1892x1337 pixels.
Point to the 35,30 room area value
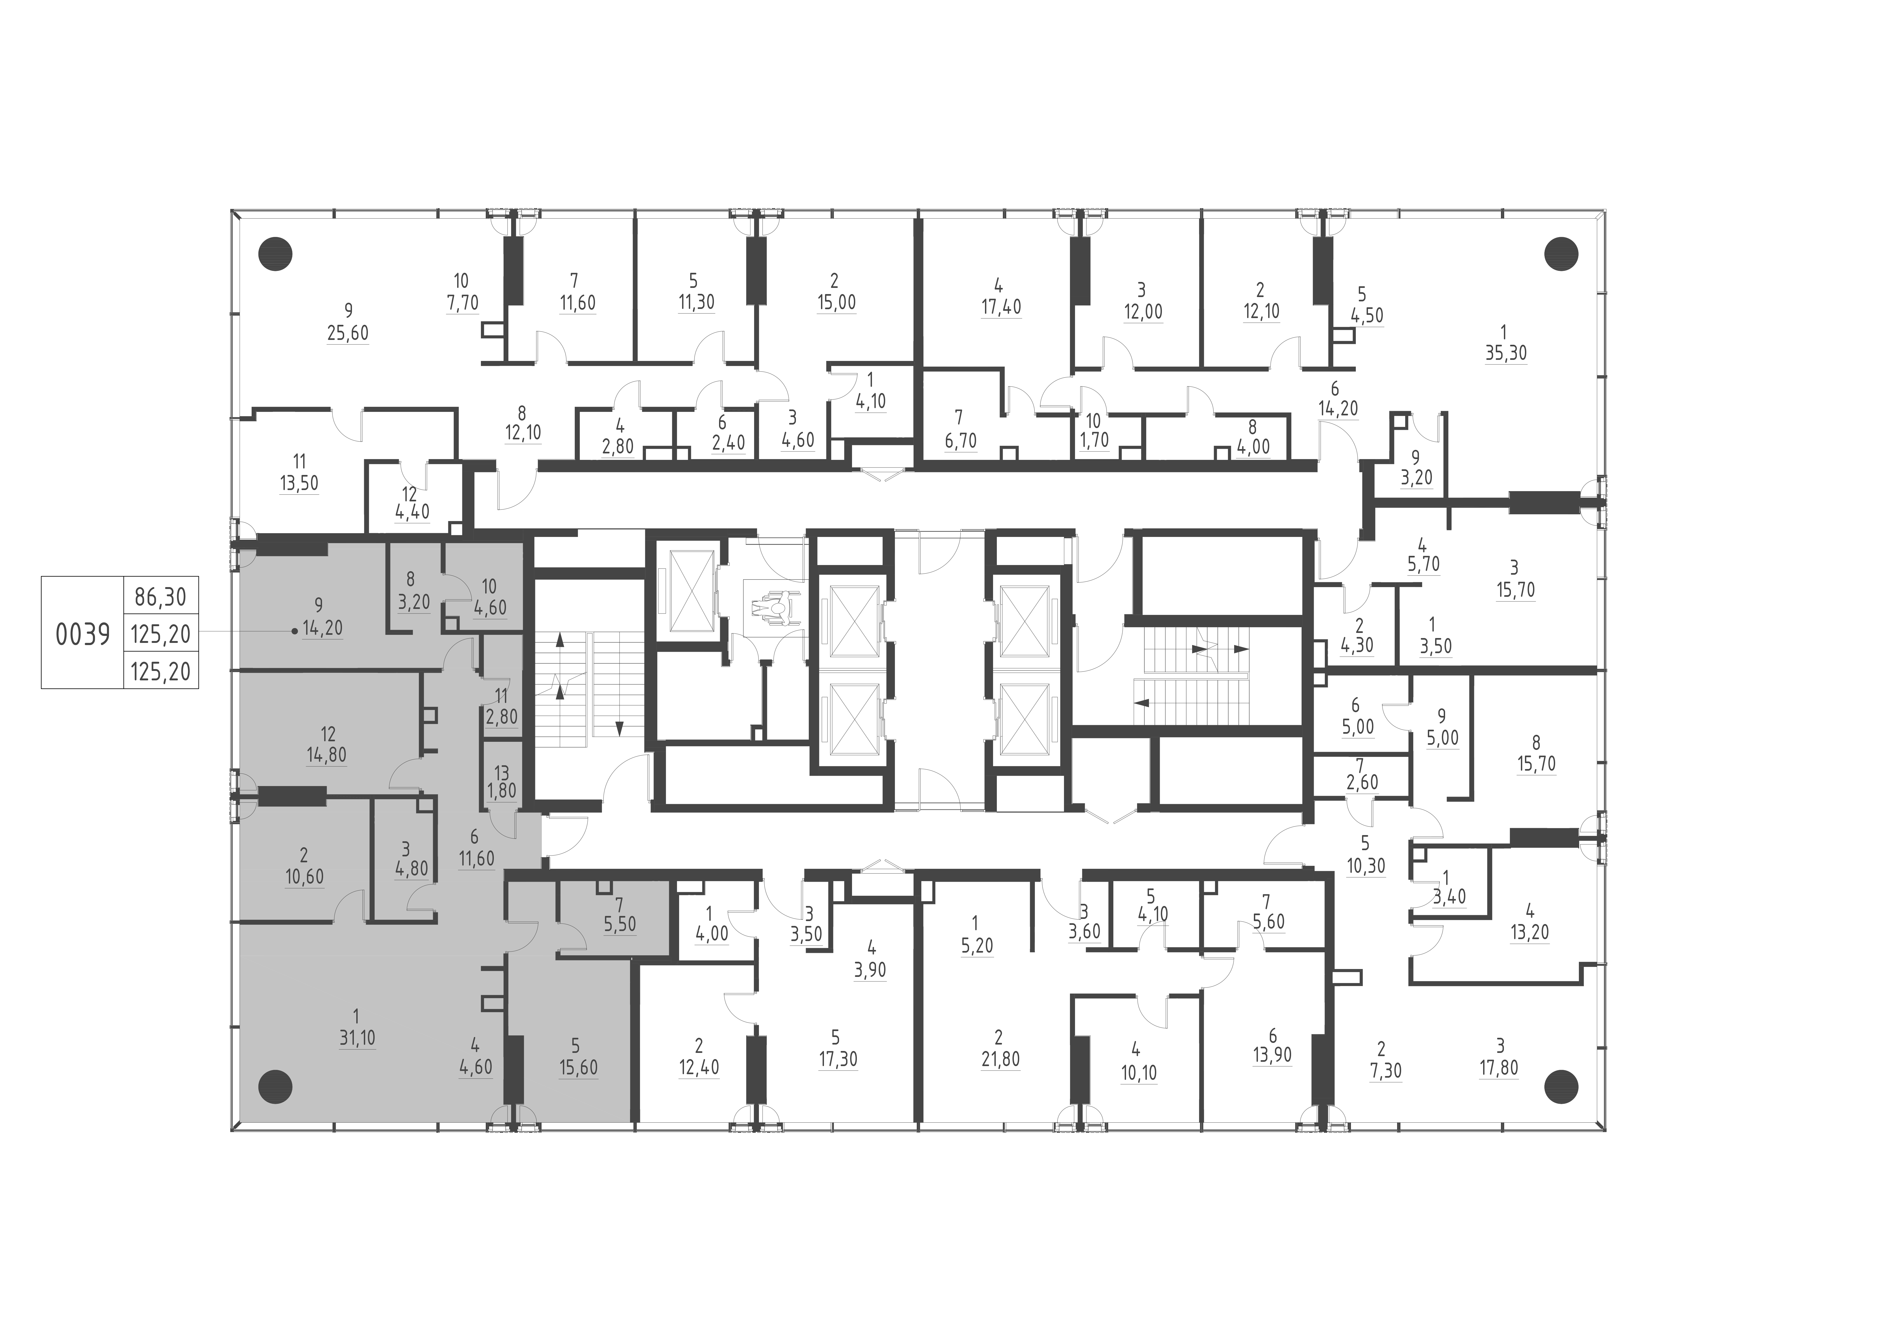(x=1506, y=353)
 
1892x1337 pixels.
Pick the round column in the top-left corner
(x=275, y=254)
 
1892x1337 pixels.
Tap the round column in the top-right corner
(x=1560, y=254)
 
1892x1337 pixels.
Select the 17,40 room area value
(x=1001, y=307)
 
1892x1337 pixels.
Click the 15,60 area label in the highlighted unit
(x=578, y=1068)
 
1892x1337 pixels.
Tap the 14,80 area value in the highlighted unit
(x=326, y=754)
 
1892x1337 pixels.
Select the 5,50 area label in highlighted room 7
(x=620, y=924)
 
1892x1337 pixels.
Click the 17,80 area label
(x=1498, y=1069)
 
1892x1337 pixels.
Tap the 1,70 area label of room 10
(x=1093, y=441)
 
